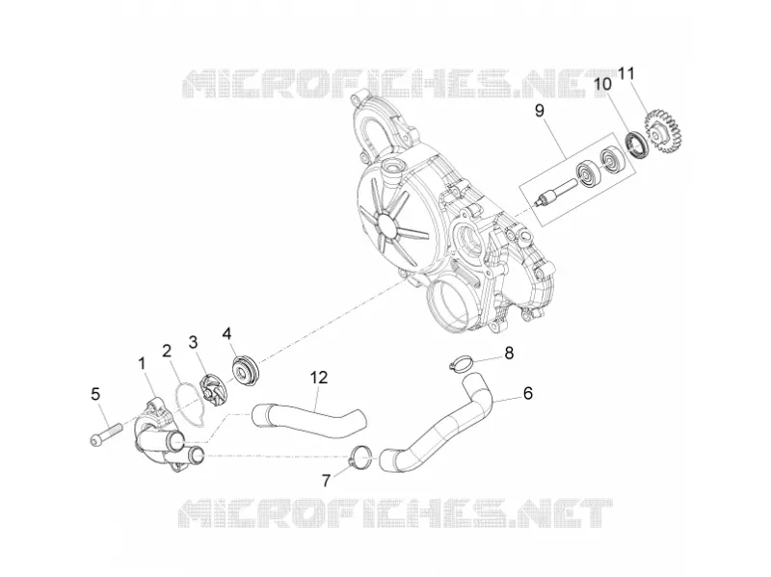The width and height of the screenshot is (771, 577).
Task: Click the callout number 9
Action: (540, 111)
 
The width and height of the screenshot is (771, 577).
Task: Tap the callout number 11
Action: (625, 74)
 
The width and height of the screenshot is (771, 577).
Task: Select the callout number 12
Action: (319, 378)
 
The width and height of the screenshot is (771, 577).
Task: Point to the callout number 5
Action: (95, 394)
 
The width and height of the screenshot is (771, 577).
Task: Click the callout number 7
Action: (327, 480)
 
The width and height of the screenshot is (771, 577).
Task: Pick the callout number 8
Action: (509, 353)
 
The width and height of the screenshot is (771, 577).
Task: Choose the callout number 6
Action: (527, 393)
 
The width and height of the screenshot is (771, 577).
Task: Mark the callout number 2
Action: (167, 351)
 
